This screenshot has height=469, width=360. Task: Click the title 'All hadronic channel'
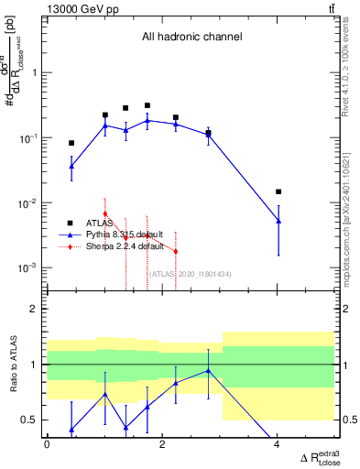191,38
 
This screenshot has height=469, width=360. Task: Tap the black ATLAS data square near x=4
278,192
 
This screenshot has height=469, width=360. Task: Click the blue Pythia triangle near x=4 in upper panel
278,221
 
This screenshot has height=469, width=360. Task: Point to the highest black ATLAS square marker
147,106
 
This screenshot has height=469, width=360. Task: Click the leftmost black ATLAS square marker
71,143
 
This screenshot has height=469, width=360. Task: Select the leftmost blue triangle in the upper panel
71,166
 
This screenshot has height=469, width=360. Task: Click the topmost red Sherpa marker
105,213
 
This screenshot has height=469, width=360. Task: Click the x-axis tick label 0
48,444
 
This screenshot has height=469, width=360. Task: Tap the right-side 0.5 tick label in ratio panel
344,420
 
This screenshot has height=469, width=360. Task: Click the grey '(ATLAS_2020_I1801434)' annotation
189,275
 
